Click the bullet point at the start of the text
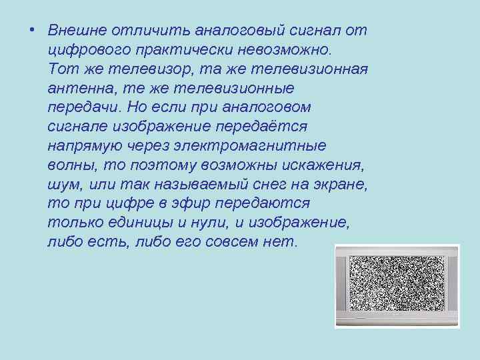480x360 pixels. (x=31, y=31)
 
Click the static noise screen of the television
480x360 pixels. (x=396, y=285)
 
